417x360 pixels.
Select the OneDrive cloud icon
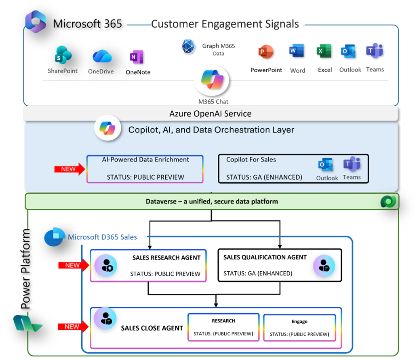coord(102,57)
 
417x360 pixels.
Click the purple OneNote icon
coord(134,58)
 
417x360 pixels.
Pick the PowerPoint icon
coord(265,52)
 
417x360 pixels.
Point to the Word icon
coord(296,51)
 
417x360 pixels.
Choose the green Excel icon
coord(322,51)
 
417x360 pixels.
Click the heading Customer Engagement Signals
coord(225,24)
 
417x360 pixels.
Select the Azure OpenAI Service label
coord(210,114)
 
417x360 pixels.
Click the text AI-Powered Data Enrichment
coord(145,160)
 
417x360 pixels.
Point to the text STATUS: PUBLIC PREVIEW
coord(145,177)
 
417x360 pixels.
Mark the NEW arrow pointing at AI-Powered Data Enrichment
coord(69,169)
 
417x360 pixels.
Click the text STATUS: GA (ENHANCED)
coord(264,178)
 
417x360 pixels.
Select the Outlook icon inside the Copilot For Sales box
coord(326,165)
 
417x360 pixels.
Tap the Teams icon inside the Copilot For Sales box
coord(352,165)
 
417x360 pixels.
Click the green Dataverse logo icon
coord(388,201)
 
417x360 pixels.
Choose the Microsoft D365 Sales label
coord(102,237)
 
